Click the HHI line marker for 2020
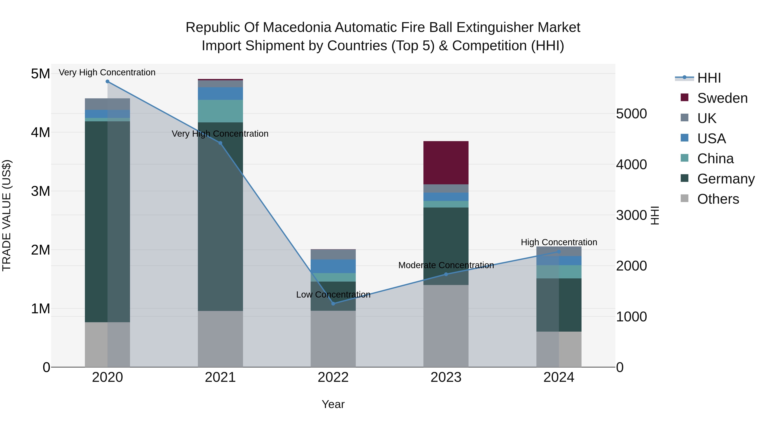click(x=107, y=82)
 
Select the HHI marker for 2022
click(x=333, y=304)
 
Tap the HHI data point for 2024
click(x=559, y=252)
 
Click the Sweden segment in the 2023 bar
click(x=446, y=163)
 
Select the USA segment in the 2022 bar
click(x=333, y=266)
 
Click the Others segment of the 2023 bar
click(x=446, y=326)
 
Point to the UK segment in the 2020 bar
click(x=107, y=104)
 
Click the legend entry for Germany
click(x=726, y=179)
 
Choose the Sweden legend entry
click(x=722, y=98)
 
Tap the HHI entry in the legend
click(x=709, y=78)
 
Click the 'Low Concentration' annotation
click(x=333, y=295)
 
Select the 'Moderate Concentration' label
click(x=446, y=265)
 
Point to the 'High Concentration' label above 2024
click(x=559, y=242)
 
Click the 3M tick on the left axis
click(x=40, y=191)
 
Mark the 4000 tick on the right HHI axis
click(x=631, y=165)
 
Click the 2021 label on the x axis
click(x=220, y=377)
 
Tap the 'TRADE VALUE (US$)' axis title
click(x=7, y=215)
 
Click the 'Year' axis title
click(x=333, y=404)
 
